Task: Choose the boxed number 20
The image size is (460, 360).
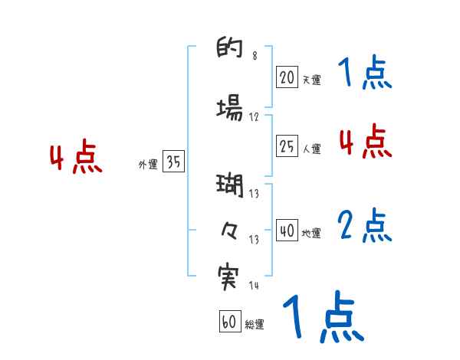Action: tap(287, 77)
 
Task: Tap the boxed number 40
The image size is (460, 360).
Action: tap(287, 231)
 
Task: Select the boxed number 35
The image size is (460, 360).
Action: tap(173, 162)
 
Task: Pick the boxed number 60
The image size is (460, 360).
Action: tap(229, 322)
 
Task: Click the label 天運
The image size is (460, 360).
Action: tap(311, 79)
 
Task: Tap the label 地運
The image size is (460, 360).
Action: tap(311, 233)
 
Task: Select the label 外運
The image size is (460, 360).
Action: tap(148, 165)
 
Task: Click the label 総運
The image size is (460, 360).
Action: tap(255, 325)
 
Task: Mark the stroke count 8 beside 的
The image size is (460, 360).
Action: tap(255, 57)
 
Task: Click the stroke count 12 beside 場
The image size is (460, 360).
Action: tap(254, 117)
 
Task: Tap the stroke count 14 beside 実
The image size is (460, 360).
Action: tap(254, 286)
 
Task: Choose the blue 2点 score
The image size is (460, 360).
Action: tap(364, 226)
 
